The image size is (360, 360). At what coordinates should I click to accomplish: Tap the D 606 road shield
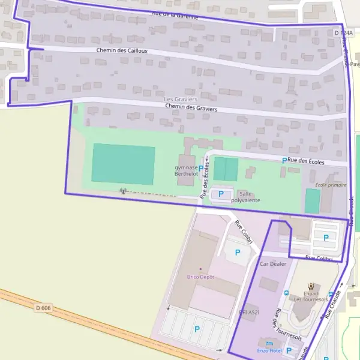(x=43, y=308)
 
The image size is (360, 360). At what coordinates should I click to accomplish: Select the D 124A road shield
(x=344, y=32)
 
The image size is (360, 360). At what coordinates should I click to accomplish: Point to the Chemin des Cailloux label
(x=122, y=50)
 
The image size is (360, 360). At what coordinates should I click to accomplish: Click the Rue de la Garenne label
(x=175, y=15)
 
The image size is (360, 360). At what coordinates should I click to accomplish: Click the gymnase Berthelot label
(x=186, y=170)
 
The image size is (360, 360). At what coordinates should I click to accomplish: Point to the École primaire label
(x=331, y=185)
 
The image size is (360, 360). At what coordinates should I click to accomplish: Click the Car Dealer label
(x=274, y=263)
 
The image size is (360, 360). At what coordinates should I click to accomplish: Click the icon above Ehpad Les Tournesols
(x=310, y=286)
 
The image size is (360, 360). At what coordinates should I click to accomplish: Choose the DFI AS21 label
(x=249, y=312)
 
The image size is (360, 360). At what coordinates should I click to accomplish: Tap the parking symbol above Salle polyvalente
(x=221, y=194)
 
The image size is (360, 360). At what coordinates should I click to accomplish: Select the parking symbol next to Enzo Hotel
(x=290, y=350)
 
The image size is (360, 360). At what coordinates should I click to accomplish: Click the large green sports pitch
(x=124, y=164)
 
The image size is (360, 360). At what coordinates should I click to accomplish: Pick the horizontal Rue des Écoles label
(x=305, y=161)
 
